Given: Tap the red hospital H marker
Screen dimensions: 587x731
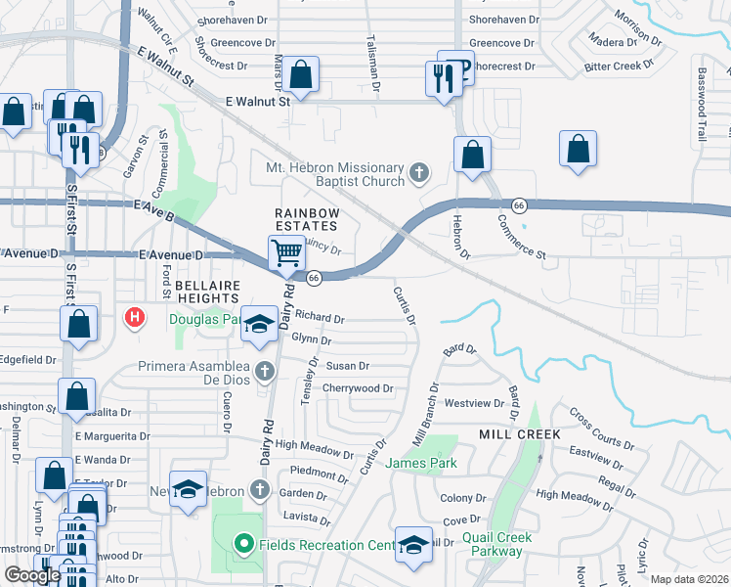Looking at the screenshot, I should pyautogui.click(x=136, y=317).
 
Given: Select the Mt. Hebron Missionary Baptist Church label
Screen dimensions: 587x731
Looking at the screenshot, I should pyautogui.click(x=335, y=174).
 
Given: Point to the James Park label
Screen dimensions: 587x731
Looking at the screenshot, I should pyautogui.click(x=421, y=463).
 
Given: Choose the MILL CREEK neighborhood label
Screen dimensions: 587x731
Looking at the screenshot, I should pyautogui.click(x=519, y=433).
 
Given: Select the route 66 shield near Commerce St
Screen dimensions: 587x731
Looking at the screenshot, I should pyautogui.click(x=519, y=205).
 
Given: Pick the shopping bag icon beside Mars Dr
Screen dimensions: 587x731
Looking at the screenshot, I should pyautogui.click(x=302, y=74).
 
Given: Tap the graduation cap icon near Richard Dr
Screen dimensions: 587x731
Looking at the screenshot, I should pyautogui.click(x=259, y=324).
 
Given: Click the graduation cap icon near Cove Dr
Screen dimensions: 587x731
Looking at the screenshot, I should pyautogui.click(x=412, y=543).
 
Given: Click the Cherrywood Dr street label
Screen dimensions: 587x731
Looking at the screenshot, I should pyautogui.click(x=358, y=388).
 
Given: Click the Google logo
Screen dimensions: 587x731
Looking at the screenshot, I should pyautogui.click(x=32, y=576).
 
